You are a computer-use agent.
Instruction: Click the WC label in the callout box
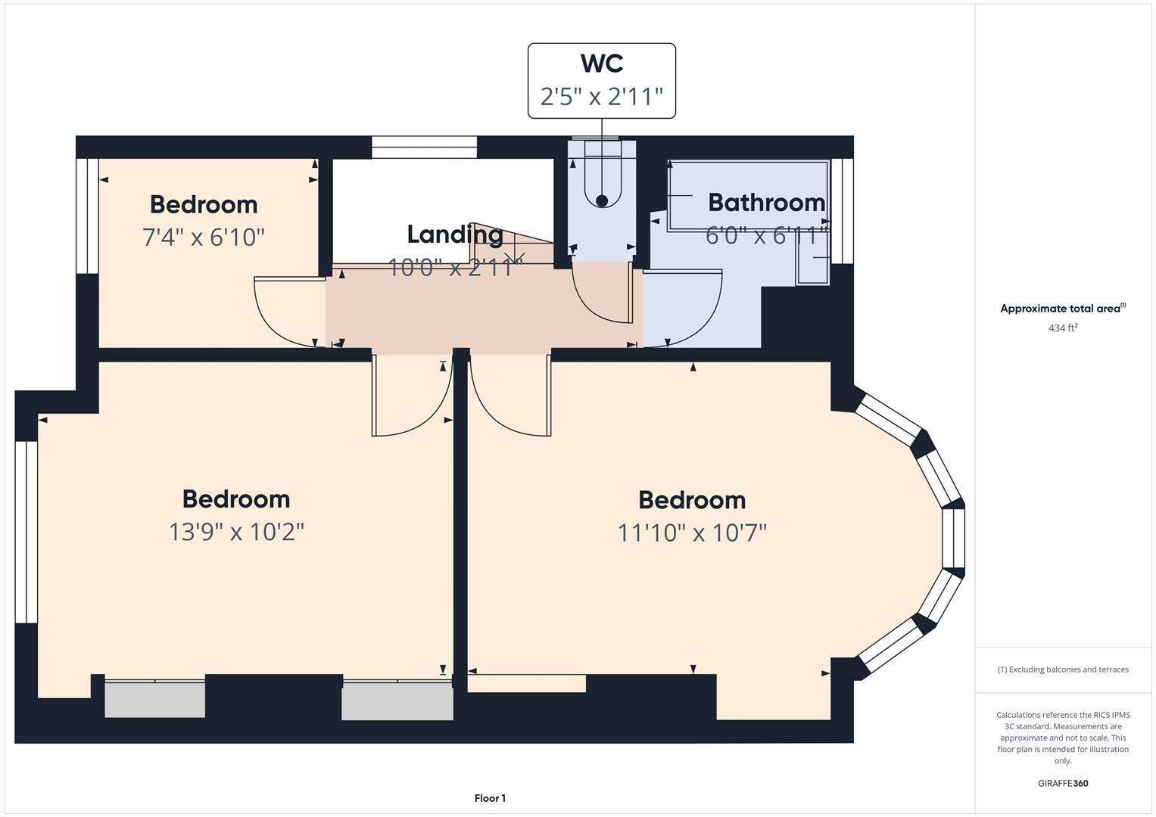coord(602,64)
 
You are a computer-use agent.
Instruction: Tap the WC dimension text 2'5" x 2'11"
coord(602,97)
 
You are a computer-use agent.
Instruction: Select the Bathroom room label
coord(766,202)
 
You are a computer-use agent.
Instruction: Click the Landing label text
coord(455,235)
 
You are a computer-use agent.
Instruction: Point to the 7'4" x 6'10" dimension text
coord(204,238)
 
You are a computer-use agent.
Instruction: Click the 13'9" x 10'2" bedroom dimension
coord(236,532)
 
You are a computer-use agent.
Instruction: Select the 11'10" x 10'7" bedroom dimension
coord(692,533)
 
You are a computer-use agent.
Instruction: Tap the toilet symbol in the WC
coord(602,182)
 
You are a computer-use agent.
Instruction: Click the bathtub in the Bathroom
coord(746,195)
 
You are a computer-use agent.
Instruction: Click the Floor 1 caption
coord(490,798)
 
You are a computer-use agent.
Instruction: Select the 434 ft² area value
coord(1063,328)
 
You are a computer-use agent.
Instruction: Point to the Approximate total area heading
coord(1063,309)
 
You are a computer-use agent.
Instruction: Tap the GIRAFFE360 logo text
coord(1063,783)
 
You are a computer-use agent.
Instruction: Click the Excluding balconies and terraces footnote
coord(1063,669)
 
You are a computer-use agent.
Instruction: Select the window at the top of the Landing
coord(424,147)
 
